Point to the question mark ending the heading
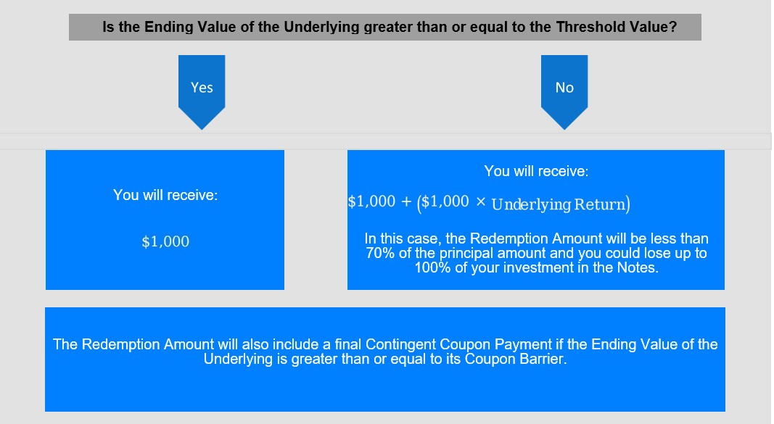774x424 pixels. (x=674, y=27)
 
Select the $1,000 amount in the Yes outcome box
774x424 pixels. (x=165, y=241)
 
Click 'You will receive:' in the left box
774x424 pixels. (x=165, y=195)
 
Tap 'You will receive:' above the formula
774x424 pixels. (x=536, y=171)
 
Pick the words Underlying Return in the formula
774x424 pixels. (x=559, y=204)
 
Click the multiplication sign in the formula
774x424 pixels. (x=481, y=201)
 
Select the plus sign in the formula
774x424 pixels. (x=406, y=201)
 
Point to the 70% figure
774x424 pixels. (x=380, y=253)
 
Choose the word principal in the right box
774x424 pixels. (x=466, y=254)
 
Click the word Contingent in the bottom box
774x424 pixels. (x=400, y=344)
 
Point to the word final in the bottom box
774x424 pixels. (x=348, y=344)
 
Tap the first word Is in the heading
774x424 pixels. (x=108, y=27)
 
